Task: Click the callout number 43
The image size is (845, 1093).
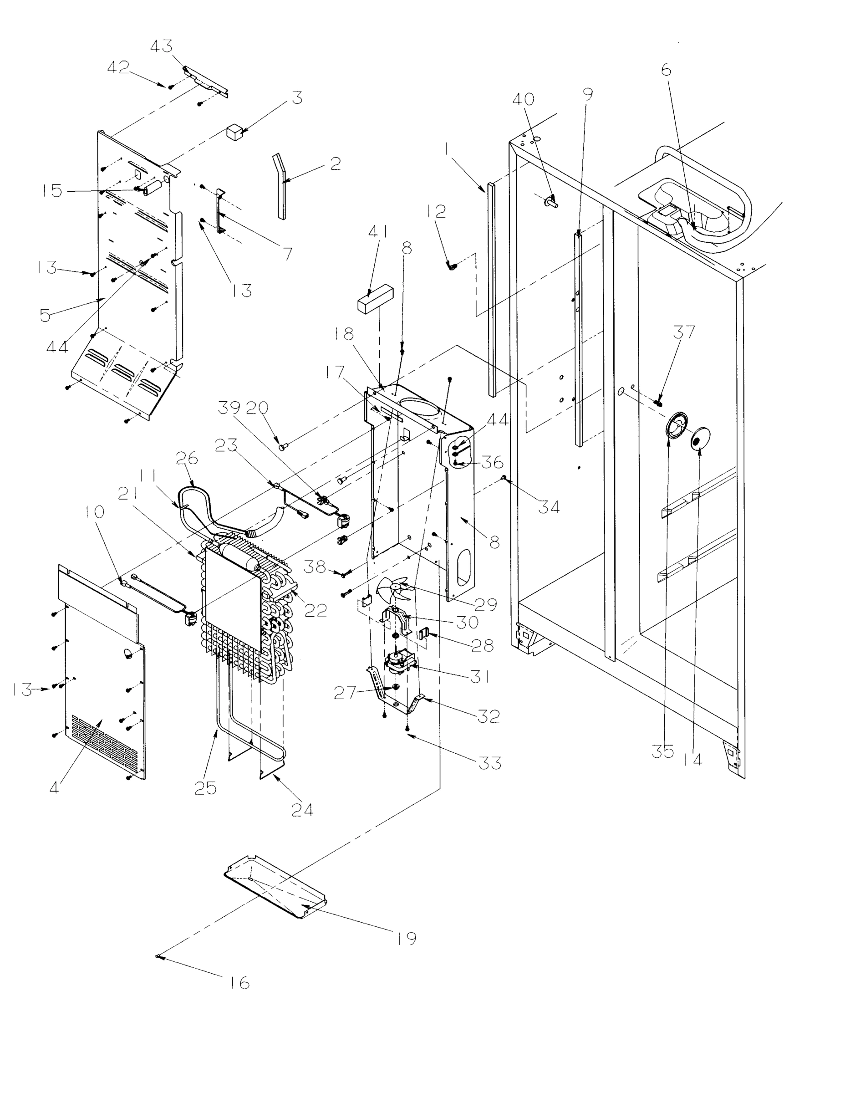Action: pyautogui.click(x=161, y=46)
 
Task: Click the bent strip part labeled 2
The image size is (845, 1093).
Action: pyautogui.click(x=280, y=185)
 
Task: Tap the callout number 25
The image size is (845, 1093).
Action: pyautogui.click(x=205, y=788)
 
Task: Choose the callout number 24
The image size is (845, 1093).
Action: pyautogui.click(x=302, y=809)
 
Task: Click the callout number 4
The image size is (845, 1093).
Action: pyautogui.click(x=54, y=787)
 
